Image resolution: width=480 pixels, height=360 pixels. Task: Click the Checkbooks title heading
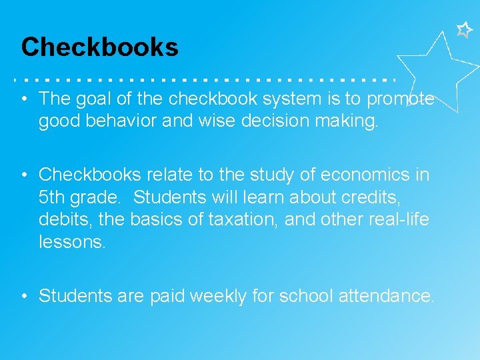(100, 47)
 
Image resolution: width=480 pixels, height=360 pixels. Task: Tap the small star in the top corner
(464, 29)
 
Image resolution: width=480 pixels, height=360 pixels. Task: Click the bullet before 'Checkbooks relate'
(23, 175)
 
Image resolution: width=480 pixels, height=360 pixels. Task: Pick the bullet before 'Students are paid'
(23, 296)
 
